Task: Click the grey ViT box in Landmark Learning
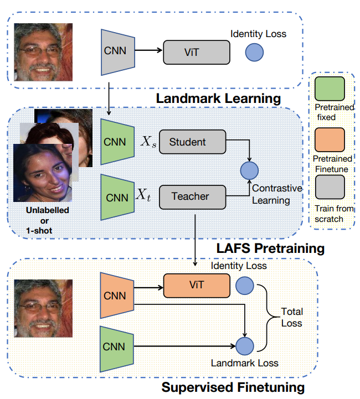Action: (x=196, y=52)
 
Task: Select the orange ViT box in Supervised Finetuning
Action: (x=196, y=285)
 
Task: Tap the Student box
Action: (x=192, y=142)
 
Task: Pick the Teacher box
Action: (x=192, y=196)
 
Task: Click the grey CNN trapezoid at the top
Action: (x=115, y=51)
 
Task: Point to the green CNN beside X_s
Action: (x=115, y=141)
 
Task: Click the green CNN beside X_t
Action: (x=115, y=197)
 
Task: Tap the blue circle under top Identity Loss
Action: (x=254, y=52)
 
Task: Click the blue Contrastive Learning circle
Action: (x=250, y=169)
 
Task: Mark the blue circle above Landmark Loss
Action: (x=244, y=347)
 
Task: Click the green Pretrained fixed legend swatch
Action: (x=330, y=88)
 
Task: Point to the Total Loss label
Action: (x=292, y=317)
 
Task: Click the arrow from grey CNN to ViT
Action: (x=148, y=51)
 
